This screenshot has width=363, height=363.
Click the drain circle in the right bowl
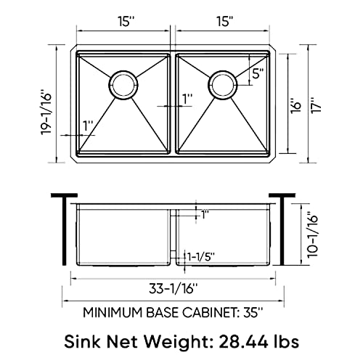tap(222, 83)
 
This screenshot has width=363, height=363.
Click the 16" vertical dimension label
tap(292, 107)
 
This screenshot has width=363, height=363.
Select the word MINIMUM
tap(113, 314)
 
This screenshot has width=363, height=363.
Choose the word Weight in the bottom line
tap(179, 341)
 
